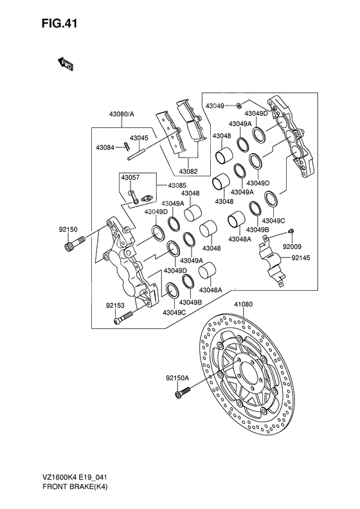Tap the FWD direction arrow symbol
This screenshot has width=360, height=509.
tap(66, 63)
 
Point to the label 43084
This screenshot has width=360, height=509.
tap(105, 147)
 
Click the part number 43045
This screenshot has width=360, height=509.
tap(139, 138)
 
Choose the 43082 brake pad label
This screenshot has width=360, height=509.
tap(188, 171)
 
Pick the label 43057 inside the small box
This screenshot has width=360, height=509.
tap(130, 178)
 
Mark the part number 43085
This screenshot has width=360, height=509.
tap(177, 185)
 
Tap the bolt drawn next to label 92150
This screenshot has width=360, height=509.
tap(76, 244)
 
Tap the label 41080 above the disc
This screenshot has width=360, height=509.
tap(242, 304)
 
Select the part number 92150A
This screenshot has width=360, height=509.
tap(177, 379)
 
